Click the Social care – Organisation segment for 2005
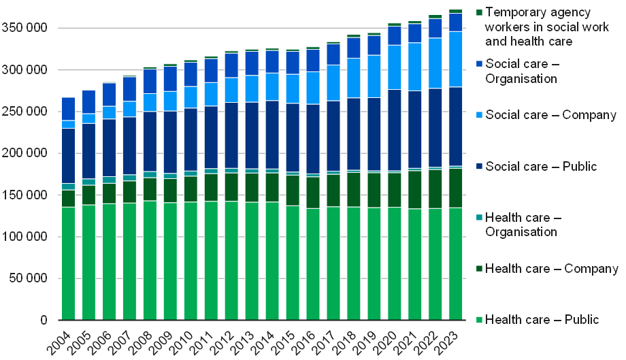88,101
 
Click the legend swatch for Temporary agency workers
479,12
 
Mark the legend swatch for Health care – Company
479,269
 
